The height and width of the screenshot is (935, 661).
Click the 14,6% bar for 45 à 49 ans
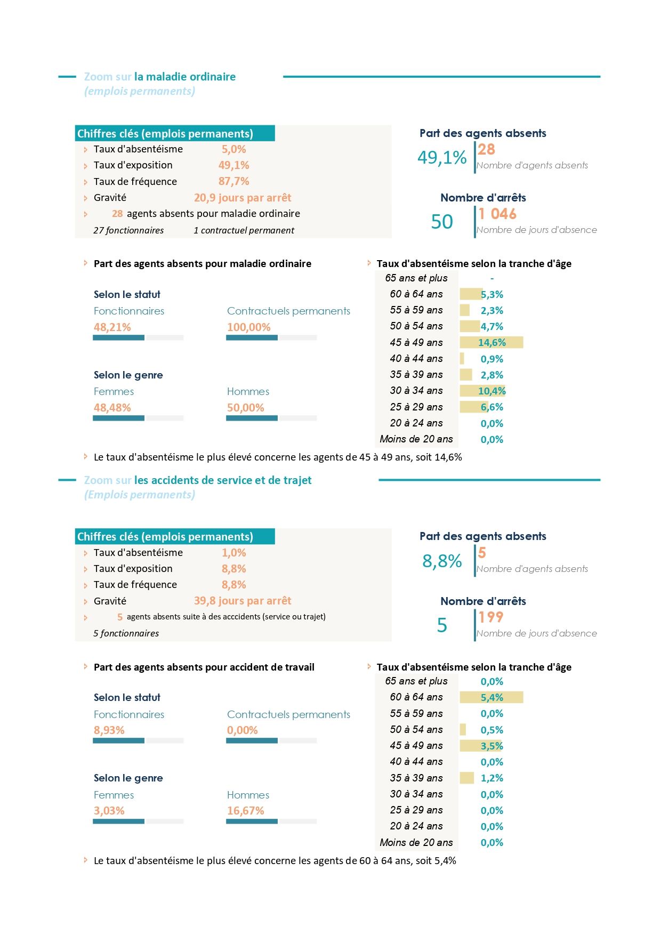click(491, 342)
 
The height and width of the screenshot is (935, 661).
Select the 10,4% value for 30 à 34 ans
click(491, 391)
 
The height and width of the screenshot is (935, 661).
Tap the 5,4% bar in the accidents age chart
click(491, 697)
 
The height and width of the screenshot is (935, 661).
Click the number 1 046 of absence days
click(497, 214)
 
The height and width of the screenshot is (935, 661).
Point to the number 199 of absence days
click(490, 617)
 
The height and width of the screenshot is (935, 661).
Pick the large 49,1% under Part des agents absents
click(442, 157)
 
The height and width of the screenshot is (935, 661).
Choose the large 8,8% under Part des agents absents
click(442, 561)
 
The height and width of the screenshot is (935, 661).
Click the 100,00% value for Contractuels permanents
click(249, 327)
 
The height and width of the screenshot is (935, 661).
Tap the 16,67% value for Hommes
click(246, 811)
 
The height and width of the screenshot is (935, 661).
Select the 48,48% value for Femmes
click(112, 408)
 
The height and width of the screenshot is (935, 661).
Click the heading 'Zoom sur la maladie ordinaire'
click(160, 77)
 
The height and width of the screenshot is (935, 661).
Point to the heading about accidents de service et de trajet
click(198, 480)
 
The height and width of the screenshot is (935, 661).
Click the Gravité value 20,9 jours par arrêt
click(243, 198)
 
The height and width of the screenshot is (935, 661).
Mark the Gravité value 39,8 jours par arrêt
click(243, 601)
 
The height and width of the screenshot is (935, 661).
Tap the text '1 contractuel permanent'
click(244, 230)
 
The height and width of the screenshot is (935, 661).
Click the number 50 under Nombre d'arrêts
click(442, 222)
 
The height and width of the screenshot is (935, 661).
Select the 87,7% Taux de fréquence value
click(234, 181)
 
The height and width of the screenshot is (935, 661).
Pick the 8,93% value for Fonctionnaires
click(109, 730)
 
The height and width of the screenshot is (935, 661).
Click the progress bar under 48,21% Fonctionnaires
click(138, 337)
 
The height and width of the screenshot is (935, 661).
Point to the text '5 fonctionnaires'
click(126, 633)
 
